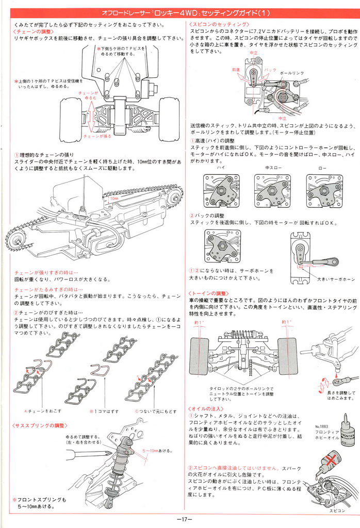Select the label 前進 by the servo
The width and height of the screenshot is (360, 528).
click(236, 69)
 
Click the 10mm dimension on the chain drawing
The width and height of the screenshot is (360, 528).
click(114, 197)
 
